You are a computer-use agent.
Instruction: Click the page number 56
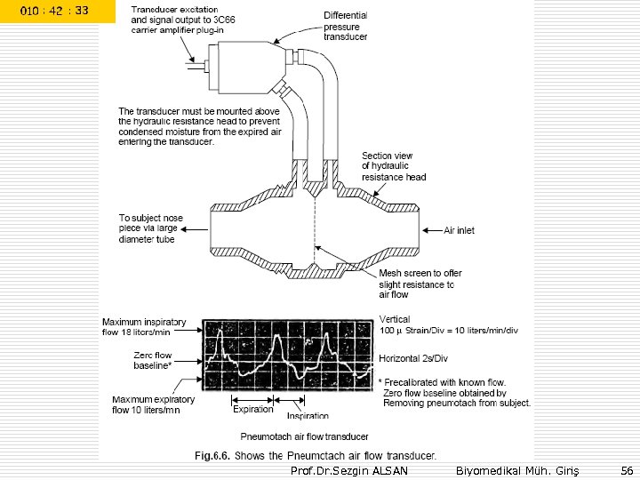[627, 468]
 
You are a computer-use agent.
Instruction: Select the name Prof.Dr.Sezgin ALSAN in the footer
[349, 469]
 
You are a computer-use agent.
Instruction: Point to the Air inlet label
[460, 230]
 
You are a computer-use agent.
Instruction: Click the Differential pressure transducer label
[346, 27]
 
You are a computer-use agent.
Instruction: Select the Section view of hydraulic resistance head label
[394, 166]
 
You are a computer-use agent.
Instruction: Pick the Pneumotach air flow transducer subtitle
[305, 436]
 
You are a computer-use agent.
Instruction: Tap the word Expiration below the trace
[253, 410]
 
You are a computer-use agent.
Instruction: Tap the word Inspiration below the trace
[308, 415]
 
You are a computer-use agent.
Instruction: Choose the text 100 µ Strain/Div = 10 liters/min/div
[449, 331]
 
